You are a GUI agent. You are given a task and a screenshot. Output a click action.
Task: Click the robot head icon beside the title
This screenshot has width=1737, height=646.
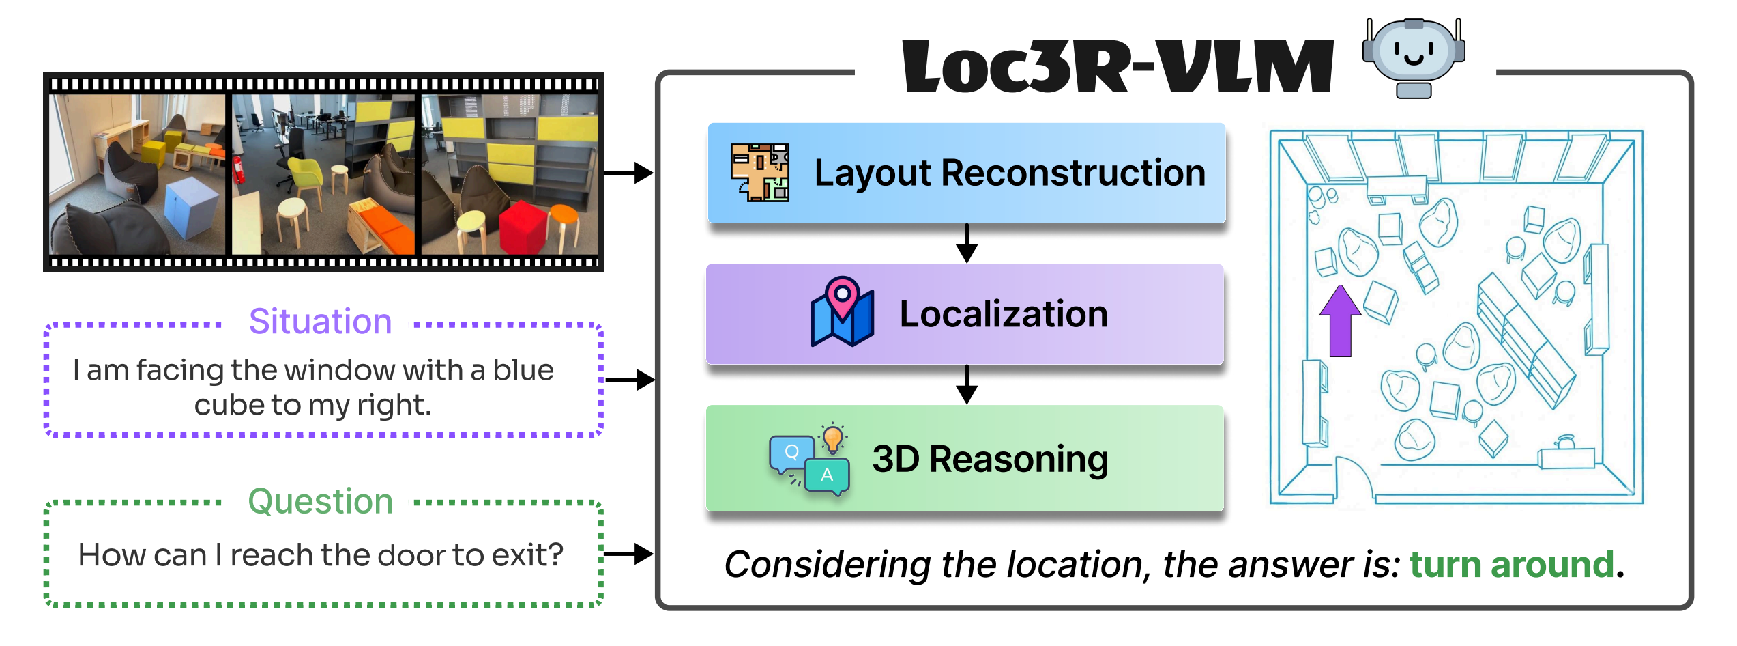point(1414,57)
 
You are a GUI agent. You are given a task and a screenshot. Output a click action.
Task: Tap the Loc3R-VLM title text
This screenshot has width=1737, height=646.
point(1118,66)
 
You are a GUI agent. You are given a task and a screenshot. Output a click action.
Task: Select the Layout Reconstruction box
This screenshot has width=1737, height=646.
point(967,173)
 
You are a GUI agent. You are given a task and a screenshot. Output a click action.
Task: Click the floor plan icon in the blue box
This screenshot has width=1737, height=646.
point(759,173)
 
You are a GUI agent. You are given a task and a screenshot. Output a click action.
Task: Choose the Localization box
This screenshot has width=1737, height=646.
point(965,314)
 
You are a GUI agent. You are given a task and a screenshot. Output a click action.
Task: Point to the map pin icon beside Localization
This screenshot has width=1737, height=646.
point(842,313)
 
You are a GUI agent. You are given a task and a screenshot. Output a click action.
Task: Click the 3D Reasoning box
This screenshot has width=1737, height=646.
point(965,458)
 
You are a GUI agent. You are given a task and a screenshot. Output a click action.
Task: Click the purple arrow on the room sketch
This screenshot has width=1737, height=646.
point(1340,321)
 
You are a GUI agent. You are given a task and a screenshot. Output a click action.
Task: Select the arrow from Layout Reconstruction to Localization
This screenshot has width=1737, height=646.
point(967,244)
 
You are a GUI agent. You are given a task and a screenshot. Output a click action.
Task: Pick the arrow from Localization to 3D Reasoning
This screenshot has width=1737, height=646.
point(967,385)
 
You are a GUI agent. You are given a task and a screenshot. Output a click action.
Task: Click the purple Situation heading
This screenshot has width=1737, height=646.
point(320,322)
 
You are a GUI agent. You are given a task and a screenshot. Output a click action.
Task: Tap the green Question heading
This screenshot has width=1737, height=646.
point(320,502)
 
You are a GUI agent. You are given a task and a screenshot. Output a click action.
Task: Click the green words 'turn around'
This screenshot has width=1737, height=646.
point(1512,565)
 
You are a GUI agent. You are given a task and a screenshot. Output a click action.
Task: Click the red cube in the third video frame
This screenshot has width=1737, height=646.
point(523,226)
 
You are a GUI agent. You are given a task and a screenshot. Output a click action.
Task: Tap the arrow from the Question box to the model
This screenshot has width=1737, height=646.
point(628,554)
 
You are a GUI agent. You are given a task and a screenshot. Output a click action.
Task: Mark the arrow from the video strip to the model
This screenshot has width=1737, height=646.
point(628,173)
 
